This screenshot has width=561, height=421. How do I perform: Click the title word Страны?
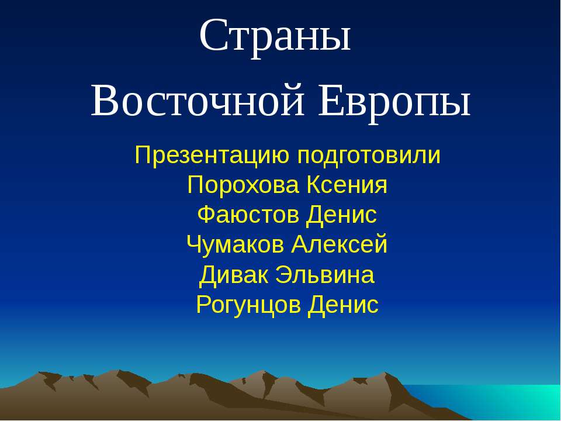(x=275, y=36)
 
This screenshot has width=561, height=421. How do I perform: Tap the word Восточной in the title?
(x=198, y=101)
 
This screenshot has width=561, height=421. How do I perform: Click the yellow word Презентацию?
(x=213, y=156)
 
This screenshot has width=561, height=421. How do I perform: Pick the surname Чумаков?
(x=235, y=244)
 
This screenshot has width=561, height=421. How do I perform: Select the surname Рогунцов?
(x=248, y=304)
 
